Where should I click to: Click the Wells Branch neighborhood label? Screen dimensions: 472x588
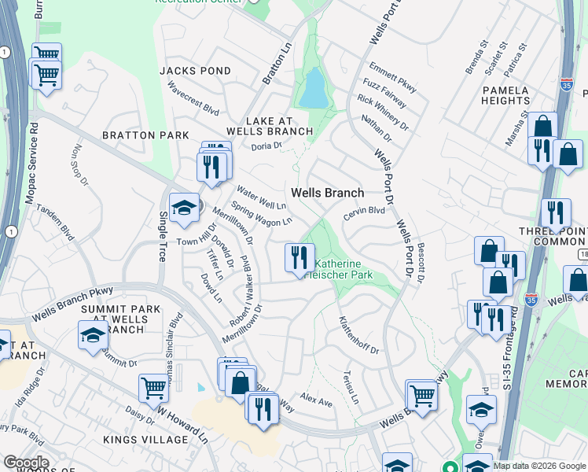(327, 193)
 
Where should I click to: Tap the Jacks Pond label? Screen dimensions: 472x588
(195, 71)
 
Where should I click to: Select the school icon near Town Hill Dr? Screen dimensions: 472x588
(184, 208)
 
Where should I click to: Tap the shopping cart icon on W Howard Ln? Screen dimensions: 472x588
(153, 387)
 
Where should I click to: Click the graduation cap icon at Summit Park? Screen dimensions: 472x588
(93, 334)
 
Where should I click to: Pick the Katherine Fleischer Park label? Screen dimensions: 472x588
(344, 270)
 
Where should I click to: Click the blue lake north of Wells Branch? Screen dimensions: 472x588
(313, 88)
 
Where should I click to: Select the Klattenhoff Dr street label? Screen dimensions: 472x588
(358, 334)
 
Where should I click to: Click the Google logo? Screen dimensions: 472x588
(26, 463)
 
